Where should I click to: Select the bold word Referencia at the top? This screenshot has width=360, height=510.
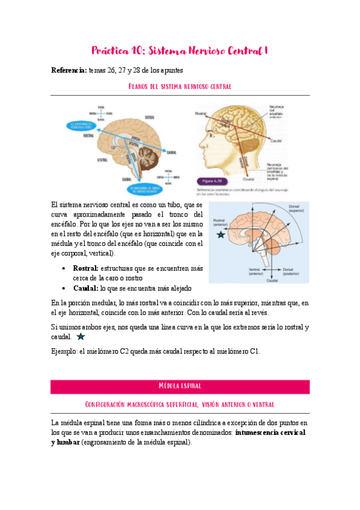pyautogui.click(x=69, y=71)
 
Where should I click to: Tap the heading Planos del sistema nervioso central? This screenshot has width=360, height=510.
pyautogui.click(x=180, y=87)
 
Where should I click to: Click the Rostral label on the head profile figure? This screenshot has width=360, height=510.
pyautogui.click(x=201, y=113)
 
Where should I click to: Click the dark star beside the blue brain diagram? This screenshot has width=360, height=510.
pyautogui.click(x=222, y=235)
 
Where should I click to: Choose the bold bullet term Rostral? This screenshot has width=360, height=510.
pyautogui.click(x=86, y=267)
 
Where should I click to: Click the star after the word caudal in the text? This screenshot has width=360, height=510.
pyautogui.click(x=81, y=337)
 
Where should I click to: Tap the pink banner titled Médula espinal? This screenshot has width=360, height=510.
pyautogui.click(x=180, y=386)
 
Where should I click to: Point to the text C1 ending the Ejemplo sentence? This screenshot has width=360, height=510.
pyautogui.click(x=255, y=351)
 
